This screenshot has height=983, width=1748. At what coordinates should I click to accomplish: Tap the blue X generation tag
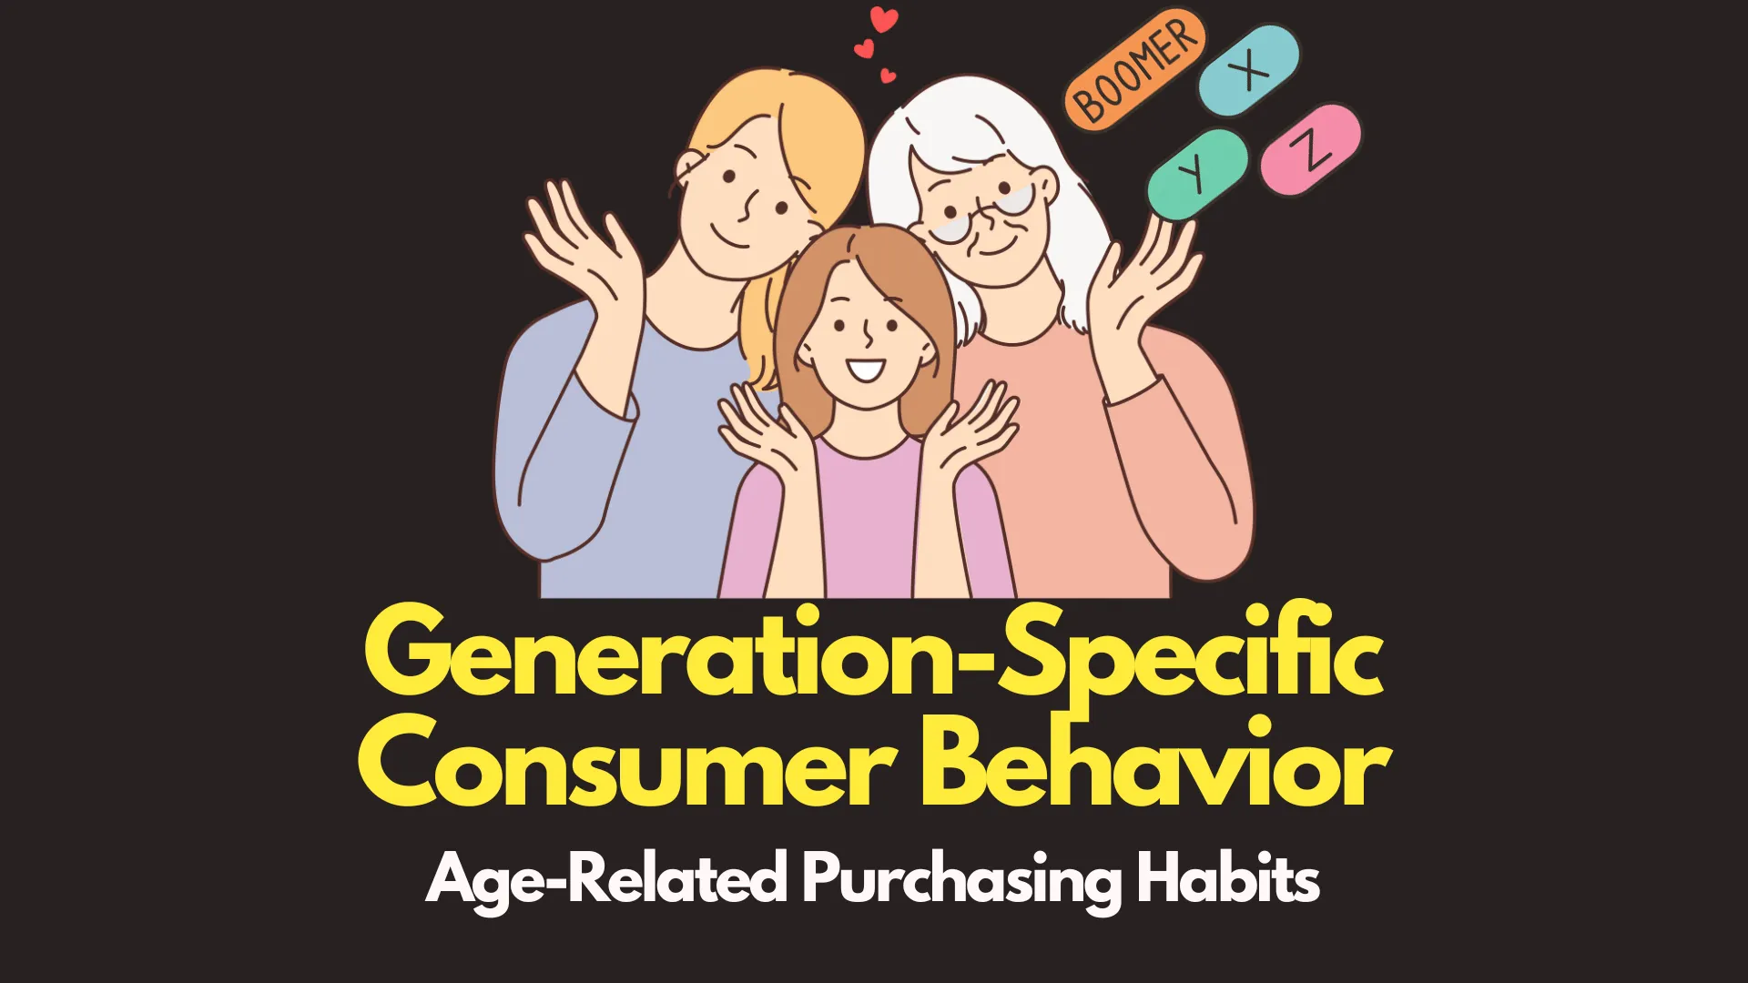tap(1250, 69)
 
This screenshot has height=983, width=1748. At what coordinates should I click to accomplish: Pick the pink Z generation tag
tap(1311, 149)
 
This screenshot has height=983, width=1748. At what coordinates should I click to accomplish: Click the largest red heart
tap(883, 19)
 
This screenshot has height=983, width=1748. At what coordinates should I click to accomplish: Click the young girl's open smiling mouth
tap(866, 370)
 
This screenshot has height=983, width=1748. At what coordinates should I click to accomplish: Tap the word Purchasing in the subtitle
tap(960, 880)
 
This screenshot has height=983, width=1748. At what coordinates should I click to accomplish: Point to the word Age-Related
tap(606, 880)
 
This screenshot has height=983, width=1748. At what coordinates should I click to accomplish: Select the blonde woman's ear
tap(689, 173)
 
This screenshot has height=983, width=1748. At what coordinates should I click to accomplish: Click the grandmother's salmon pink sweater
tap(1092, 473)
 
